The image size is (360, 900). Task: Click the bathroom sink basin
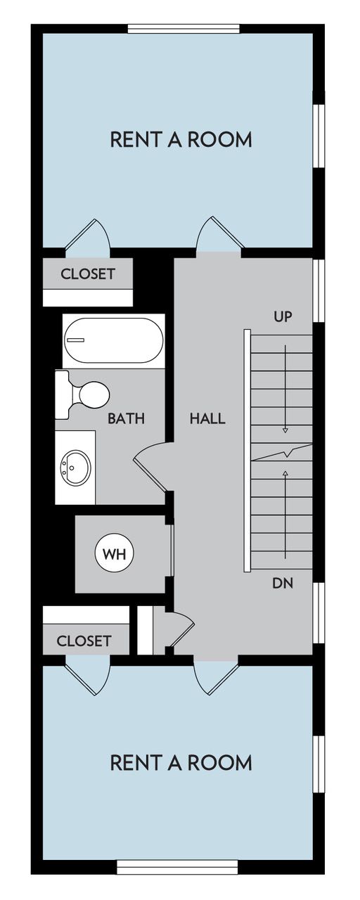[75, 467]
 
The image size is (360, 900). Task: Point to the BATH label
[126, 418]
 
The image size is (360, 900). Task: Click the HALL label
[207, 418]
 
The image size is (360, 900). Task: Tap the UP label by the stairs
[283, 316]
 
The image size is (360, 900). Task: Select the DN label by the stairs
[283, 583]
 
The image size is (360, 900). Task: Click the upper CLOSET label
[87, 274]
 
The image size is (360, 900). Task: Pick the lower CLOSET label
[84, 641]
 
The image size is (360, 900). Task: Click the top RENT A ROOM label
[181, 139]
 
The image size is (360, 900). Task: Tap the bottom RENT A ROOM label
[181, 762]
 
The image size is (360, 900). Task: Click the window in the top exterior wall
[184, 29]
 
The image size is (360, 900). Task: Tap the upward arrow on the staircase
[285, 492]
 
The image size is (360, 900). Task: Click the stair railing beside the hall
[246, 450]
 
